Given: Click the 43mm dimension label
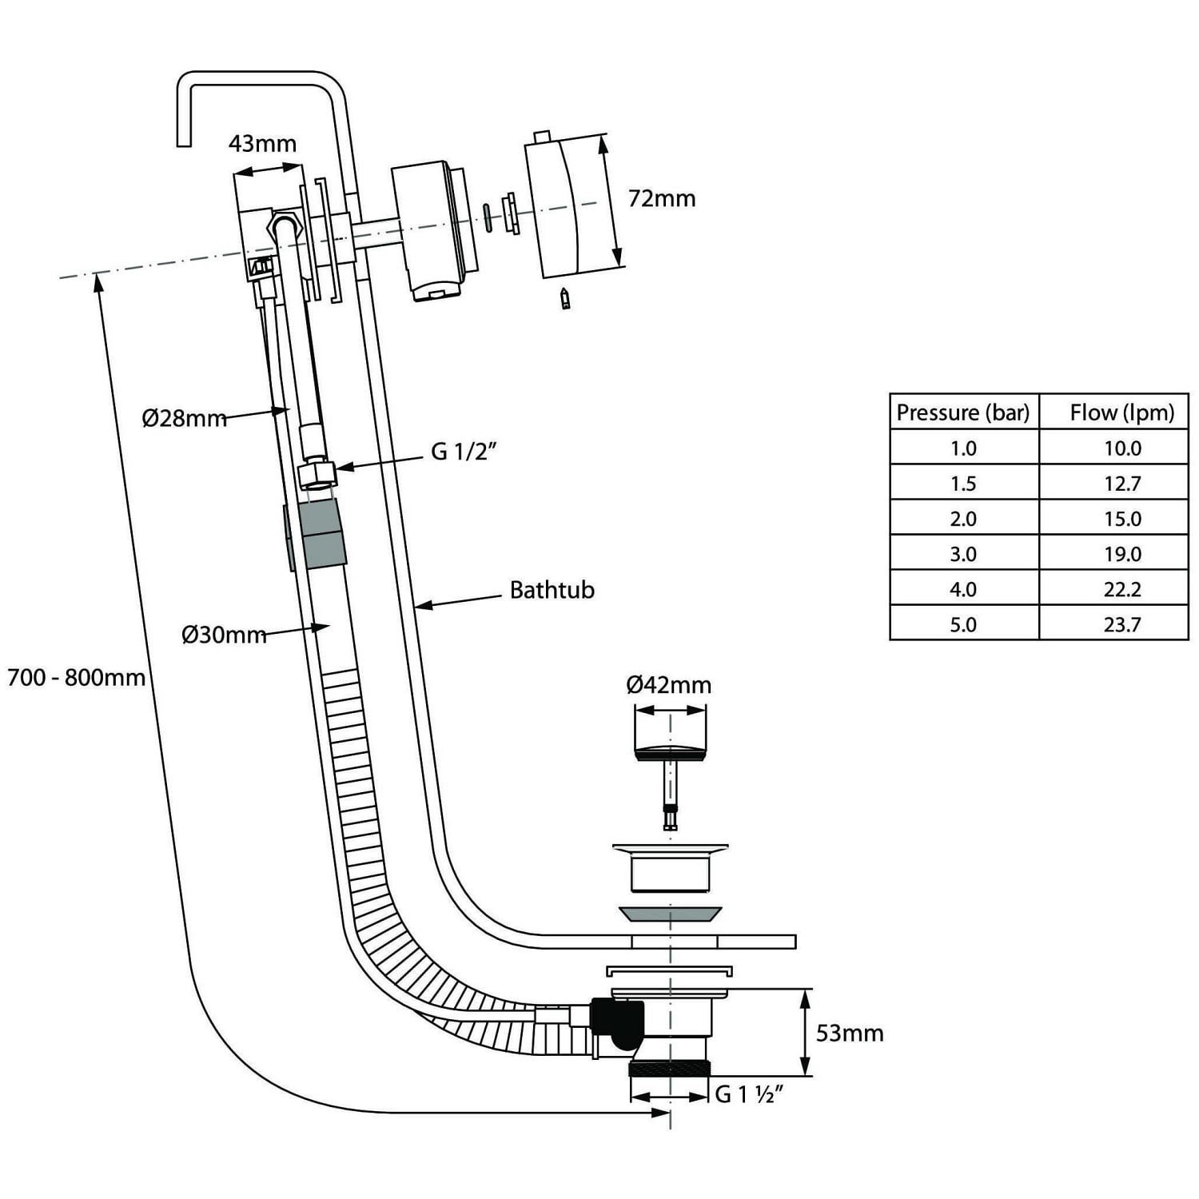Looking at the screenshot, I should point(262,144).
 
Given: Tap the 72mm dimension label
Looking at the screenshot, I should point(661,198).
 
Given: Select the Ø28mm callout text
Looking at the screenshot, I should point(184,418).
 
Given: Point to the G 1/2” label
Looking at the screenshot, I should point(464,452).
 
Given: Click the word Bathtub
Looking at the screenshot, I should point(552,590).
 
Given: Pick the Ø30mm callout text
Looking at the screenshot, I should point(224,635).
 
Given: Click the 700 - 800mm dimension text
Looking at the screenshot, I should point(76,678).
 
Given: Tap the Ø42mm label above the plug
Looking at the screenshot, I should point(668,685).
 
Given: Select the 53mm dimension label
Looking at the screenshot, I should point(849,1034).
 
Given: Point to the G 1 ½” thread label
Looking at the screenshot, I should point(747,1094).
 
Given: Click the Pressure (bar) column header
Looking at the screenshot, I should point(963,412).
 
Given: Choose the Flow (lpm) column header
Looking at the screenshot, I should point(1121,412).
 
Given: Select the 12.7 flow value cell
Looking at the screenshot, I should point(1121,484).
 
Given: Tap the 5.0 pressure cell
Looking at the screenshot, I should point(963,624).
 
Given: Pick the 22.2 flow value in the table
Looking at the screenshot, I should point(1121,589).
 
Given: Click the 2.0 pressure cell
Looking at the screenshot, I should point(963,519).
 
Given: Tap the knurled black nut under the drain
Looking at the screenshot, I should point(669,1069).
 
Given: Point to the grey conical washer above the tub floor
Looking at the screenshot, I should point(670,913).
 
